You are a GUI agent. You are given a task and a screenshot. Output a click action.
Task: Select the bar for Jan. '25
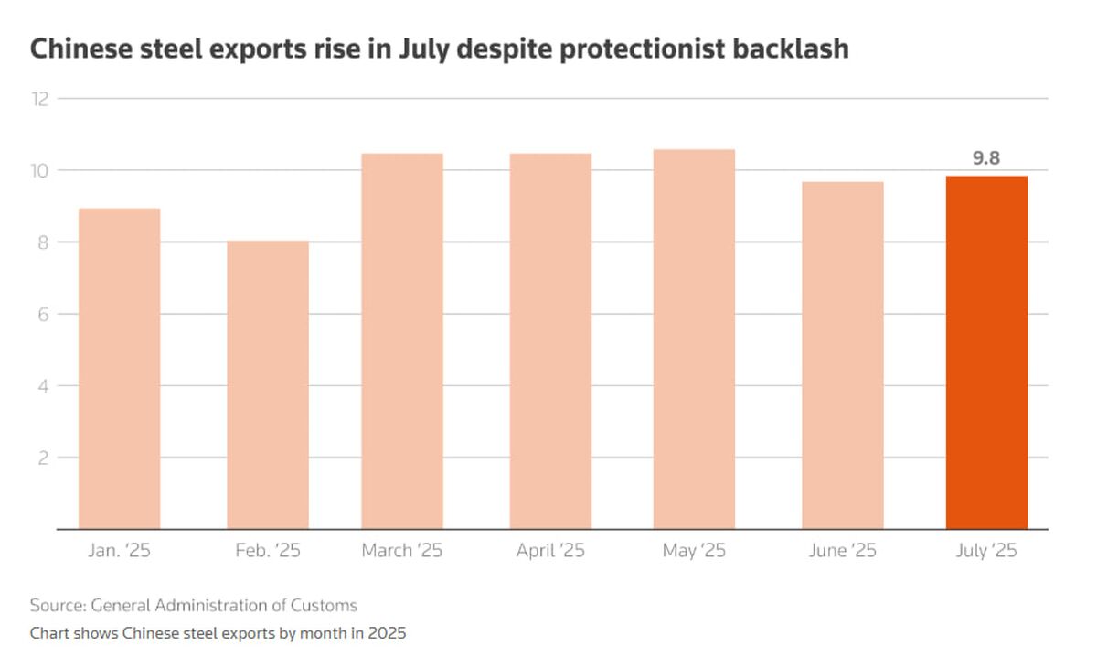pos(120,369)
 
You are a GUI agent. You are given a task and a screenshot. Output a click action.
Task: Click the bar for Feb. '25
pos(268,385)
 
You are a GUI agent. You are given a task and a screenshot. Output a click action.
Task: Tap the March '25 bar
pos(402,341)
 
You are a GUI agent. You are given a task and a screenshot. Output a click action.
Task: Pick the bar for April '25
pos(550,341)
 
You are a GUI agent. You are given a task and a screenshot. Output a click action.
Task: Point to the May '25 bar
pos(694,339)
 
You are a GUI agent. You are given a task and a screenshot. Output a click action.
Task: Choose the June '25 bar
pos(843,355)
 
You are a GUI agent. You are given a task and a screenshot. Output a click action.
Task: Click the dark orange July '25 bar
pos(986,352)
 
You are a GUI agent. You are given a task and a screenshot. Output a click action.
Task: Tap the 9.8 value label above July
pos(986,158)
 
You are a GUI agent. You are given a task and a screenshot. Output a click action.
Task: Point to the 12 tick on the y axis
pos(40,99)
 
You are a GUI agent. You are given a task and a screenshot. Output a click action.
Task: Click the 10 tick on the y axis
pos(39,170)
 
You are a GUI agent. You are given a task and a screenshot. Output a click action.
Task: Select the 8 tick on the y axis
pos(43,242)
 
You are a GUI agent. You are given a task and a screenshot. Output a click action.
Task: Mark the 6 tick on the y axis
pos(43,314)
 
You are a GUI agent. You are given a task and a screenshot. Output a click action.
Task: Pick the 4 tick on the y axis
pos(43,386)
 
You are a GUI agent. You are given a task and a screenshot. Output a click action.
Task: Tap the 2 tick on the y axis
pos(43,458)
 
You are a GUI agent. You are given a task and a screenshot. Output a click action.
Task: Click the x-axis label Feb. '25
pos(268,550)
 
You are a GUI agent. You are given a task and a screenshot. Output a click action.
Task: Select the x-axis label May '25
pos(694,551)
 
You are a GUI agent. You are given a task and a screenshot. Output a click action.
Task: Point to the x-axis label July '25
pos(986,551)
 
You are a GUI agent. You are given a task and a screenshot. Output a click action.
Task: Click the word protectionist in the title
pos(642,49)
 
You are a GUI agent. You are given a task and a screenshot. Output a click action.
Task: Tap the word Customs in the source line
pos(324,605)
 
